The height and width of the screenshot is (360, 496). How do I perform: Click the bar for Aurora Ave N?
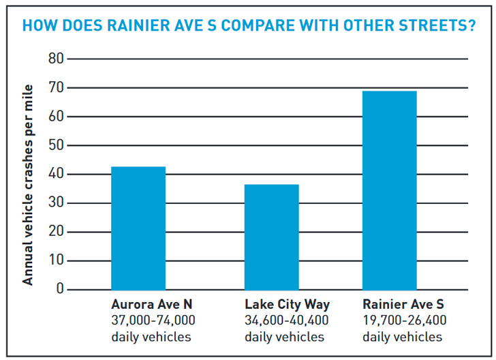[138, 228]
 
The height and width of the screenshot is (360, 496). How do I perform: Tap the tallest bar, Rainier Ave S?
[390, 190]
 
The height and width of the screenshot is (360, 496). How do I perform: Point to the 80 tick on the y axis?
[55, 59]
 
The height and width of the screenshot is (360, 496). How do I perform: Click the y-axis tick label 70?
[55, 88]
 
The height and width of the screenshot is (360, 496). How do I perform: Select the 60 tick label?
[55, 117]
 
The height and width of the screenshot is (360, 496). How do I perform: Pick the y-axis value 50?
[55, 145]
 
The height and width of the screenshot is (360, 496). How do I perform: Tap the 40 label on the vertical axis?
[55, 175]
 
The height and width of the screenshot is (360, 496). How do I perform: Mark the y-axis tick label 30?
[55, 203]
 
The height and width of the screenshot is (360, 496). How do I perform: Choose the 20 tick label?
[55, 232]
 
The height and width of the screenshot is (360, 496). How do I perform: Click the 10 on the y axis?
[55, 260]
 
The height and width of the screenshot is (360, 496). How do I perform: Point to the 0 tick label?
[59, 289]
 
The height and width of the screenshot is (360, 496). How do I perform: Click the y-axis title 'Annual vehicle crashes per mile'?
[28, 185]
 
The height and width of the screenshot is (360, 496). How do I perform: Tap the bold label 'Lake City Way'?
[287, 304]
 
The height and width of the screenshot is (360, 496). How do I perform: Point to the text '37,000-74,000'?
[153, 320]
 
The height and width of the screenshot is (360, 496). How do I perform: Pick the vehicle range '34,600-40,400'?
[287, 320]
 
